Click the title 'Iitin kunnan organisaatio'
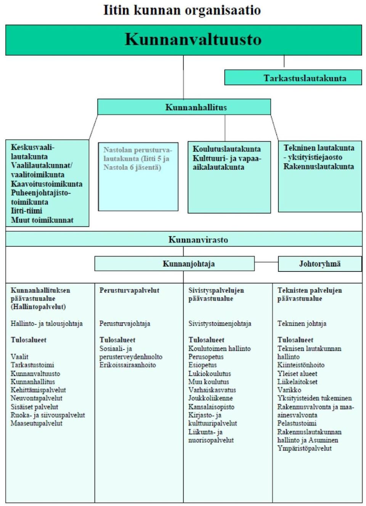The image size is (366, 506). click(x=182, y=10)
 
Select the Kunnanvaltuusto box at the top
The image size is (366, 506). click(x=183, y=40)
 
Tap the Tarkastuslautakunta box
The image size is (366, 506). click(x=293, y=77)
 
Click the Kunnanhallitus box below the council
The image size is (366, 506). click(x=184, y=107)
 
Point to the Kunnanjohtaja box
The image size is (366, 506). click(x=174, y=263)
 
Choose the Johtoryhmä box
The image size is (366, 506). click(x=320, y=263)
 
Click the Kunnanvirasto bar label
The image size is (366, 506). click(x=198, y=240)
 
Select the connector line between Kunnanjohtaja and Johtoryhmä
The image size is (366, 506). click(x=266, y=262)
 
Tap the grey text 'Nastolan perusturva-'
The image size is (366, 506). click(x=138, y=150)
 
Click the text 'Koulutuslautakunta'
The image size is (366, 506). click(x=226, y=149)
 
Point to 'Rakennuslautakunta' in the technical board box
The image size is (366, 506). click(x=319, y=167)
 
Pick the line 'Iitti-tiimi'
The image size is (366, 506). click(x=27, y=211)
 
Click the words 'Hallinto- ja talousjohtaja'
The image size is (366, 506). click(x=47, y=323)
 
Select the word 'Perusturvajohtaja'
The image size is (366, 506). click(x=125, y=323)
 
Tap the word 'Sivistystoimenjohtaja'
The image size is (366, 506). click(x=220, y=323)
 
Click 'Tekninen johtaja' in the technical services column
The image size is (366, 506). click(x=302, y=323)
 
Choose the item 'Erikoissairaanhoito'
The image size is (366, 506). click(x=128, y=365)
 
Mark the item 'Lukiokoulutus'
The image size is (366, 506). click(x=210, y=373)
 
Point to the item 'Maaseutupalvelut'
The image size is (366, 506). click(x=36, y=423)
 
